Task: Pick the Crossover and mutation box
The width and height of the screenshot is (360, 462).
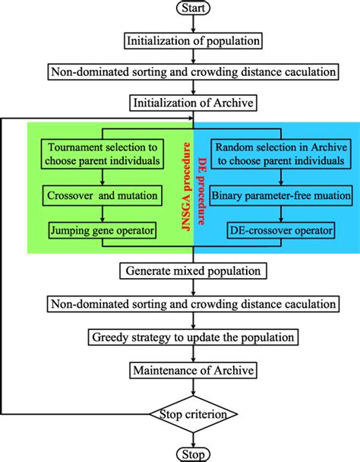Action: point(104,195)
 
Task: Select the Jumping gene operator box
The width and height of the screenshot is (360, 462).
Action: point(104,229)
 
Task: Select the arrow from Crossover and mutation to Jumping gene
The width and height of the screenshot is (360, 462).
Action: point(104,213)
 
